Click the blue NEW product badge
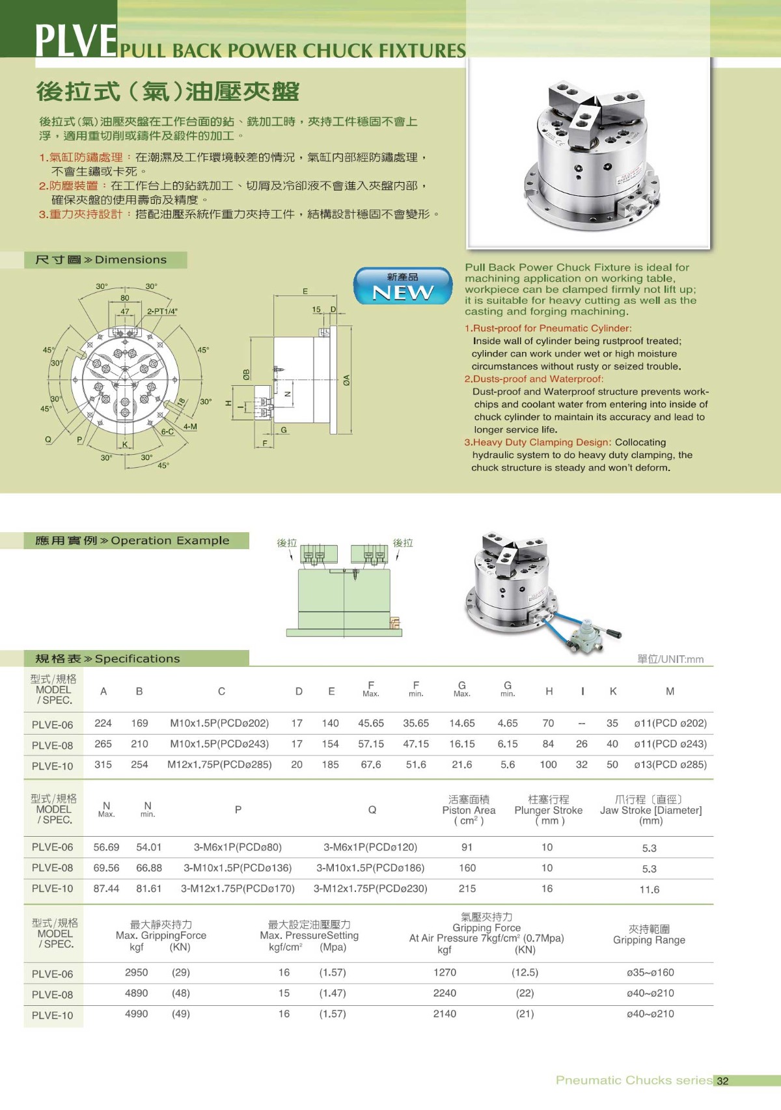click(403, 286)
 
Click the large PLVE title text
click(75, 40)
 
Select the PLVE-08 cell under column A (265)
click(103, 744)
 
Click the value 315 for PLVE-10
click(103, 765)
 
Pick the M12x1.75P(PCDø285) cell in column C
click(219, 765)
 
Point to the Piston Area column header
click(469, 810)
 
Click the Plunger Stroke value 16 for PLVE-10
click(547, 888)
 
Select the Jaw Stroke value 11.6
click(649, 889)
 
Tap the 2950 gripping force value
click(136, 972)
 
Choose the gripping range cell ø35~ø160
click(650, 973)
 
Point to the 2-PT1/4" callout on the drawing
click(162, 311)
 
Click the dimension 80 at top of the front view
click(124, 298)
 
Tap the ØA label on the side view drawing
click(347, 380)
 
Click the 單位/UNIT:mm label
click(670, 659)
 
